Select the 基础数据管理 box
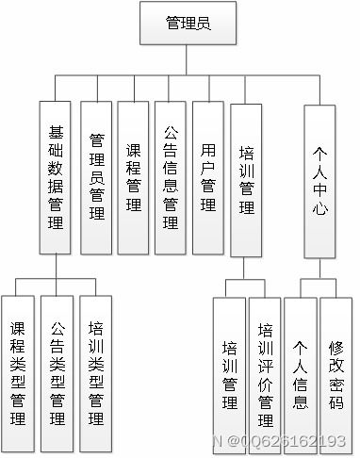pos(56,177)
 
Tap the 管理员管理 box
pos(96,177)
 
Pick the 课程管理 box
pos(133,177)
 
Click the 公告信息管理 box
pos(171,177)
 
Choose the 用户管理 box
pos(207,177)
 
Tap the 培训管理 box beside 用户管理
pos(246,177)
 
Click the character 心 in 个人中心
pos(320,212)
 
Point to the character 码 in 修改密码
pos(336,402)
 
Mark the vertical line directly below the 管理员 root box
pos(187,58)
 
